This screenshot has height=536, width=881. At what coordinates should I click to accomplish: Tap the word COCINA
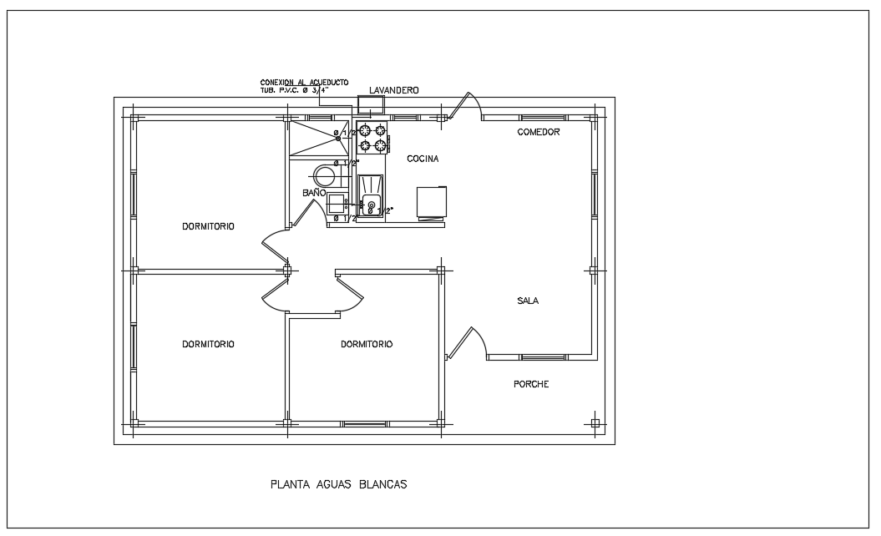pyautogui.click(x=423, y=159)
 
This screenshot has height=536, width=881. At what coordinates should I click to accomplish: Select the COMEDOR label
pyautogui.click(x=538, y=132)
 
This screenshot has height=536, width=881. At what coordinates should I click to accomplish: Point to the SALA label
pyautogui.click(x=528, y=301)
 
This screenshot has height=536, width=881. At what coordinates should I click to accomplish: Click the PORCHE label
pyautogui.click(x=531, y=384)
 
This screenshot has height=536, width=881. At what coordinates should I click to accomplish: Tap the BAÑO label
pyautogui.click(x=313, y=193)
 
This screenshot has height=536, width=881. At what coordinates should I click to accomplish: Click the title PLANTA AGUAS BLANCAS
pyautogui.click(x=338, y=483)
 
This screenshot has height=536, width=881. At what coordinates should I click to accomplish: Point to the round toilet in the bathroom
pyautogui.click(x=324, y=175)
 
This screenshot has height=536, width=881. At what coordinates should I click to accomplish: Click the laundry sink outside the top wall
pyautogui.click(x=370, y=105)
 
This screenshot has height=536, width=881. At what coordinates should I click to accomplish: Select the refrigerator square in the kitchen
pyautogui.click(x=432, y=202)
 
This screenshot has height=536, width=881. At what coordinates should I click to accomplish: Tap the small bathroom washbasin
pyautogui.click(x=337, y=204)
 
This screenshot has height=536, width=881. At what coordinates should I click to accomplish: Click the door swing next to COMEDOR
pyautogui.click(x=464, y=107)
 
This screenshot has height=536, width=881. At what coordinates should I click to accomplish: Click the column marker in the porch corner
pyautogui.click(x=595, y=422)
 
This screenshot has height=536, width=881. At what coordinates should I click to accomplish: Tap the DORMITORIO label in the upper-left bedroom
pyautogui.click(x=208, y=226)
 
